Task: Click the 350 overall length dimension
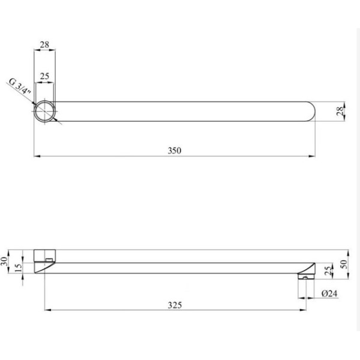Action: click(175, 150)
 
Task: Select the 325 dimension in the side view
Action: click(174, 304)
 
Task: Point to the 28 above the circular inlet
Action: click(45, 44)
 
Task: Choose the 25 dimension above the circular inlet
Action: click(45, 77)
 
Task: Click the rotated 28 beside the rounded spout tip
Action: click(339, 112)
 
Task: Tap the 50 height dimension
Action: click(344, 264)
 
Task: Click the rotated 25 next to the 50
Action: click(327, 270)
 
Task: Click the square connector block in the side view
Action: click(45, 255)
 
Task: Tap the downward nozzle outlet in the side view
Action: click(305, 277)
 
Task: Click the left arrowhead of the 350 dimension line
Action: click(35, 157)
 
